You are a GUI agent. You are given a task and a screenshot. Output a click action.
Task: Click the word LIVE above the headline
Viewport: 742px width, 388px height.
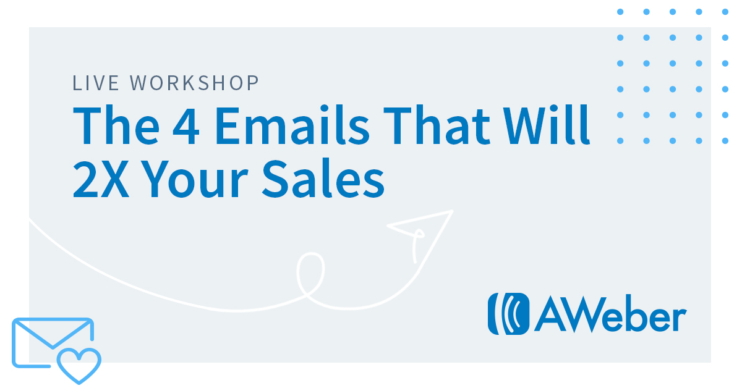click(x=95, y=83)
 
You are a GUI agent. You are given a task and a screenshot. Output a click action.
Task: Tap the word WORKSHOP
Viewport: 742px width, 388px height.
click(x=194, y=83)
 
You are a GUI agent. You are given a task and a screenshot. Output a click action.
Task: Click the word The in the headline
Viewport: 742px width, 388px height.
click(x=116, y=125)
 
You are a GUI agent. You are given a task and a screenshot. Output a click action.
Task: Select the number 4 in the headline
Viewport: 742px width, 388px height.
click(x=186, y=126)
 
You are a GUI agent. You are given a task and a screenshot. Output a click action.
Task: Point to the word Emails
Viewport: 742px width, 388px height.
click(x=292, y=125)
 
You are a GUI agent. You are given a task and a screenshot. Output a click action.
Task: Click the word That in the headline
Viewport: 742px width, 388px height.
click(x=437, y=125)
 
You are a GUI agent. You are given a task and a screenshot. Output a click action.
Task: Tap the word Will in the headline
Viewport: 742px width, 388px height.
click(x=546, y=125)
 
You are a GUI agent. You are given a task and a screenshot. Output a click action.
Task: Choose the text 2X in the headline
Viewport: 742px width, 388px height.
click(x=101, y=179)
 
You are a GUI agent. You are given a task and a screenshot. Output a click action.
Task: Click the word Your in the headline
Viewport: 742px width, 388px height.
click(x=196, y=179)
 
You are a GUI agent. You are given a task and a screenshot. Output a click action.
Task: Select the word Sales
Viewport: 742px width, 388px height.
click(x=323, y=179)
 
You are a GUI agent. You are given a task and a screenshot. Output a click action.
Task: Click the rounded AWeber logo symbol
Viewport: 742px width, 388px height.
click(x=508, y=314)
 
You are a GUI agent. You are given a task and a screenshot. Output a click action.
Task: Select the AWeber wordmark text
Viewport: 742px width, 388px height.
click(x=610, y=314)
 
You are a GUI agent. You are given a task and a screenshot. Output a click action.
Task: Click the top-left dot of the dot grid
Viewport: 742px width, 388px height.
click(x=620, y=12)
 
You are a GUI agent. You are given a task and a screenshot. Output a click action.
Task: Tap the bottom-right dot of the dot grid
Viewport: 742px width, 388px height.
click(x=725, y=141)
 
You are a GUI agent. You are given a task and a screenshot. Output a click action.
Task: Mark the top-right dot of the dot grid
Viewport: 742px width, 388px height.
click(x=725, y=12)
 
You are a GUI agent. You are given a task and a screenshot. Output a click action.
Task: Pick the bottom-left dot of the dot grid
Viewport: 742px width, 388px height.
click(x=620, y=141)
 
